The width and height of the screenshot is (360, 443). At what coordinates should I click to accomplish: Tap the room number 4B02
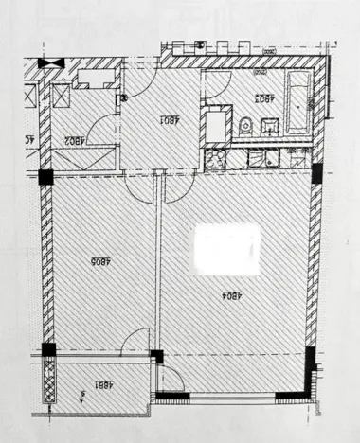pyautogui.click(x=76, y=140)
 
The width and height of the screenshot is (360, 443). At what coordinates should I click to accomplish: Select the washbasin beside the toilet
pyautogui.click(x=267, y=123)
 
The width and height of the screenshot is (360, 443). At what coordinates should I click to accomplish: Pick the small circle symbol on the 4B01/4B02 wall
pyautogui.click(x=121, y=97)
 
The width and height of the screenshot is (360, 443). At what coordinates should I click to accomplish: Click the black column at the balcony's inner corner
pyautogui.click(x=157, y=358)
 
